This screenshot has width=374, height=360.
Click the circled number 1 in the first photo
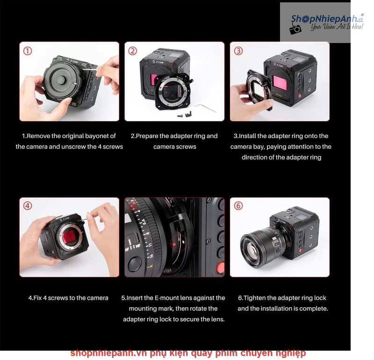coord(28,51)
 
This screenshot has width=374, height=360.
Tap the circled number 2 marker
coord(133,51)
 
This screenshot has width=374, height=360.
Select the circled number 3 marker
coord(238,51)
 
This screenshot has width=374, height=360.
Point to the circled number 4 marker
coord(28,206)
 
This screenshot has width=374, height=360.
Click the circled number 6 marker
coord(238,206)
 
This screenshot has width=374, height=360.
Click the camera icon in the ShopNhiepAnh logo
coord(295,29)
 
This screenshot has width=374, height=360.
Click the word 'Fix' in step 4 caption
coord(37,298)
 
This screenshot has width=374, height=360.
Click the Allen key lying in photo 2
coord(206,108)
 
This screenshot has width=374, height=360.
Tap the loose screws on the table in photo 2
coord(186,115)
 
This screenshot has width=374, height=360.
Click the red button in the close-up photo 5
coord(221,268)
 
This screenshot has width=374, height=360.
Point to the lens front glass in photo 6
coord(252,251)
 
